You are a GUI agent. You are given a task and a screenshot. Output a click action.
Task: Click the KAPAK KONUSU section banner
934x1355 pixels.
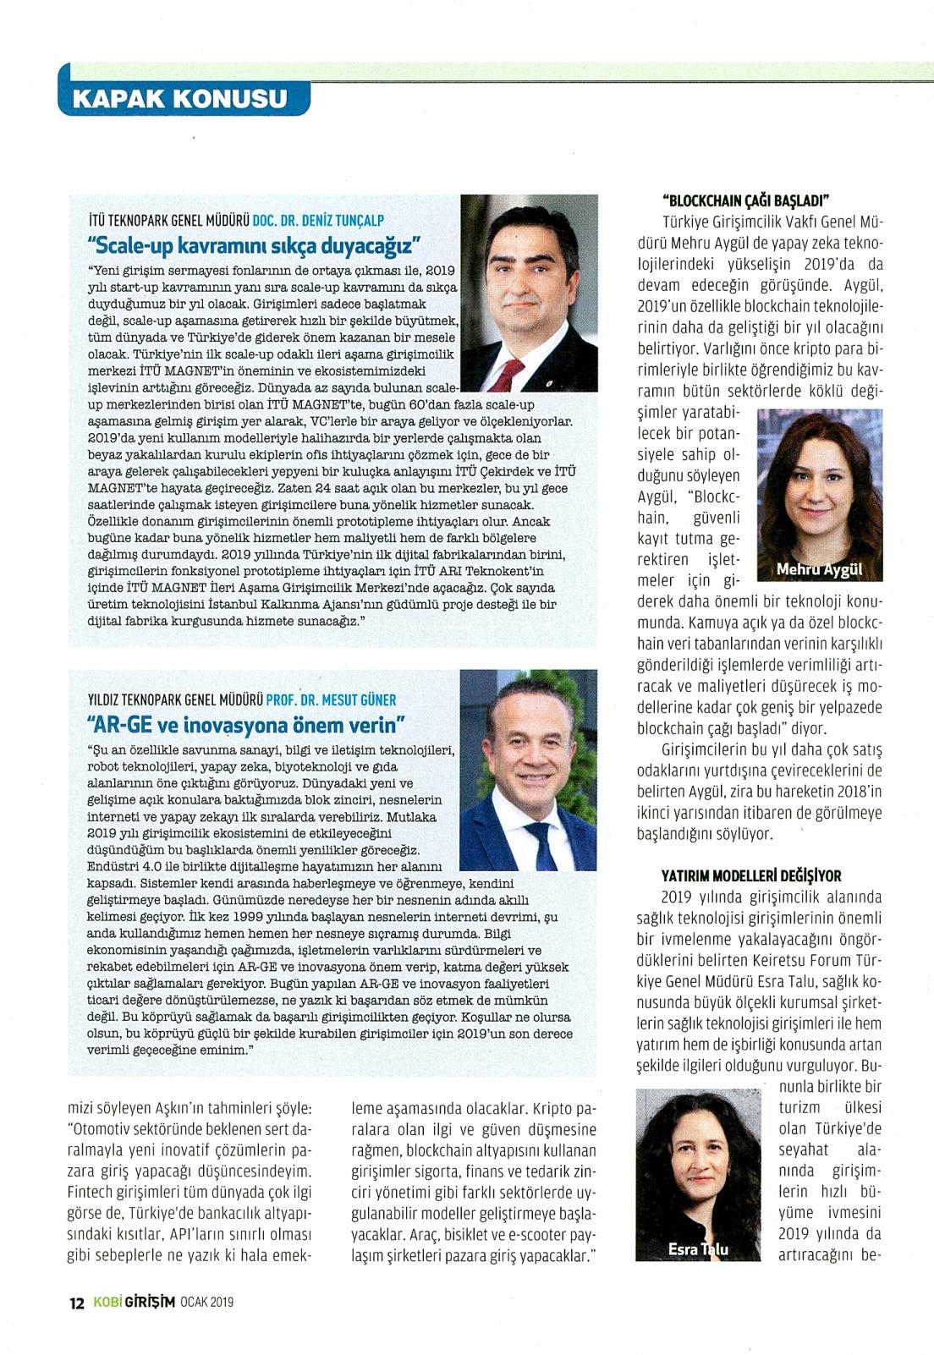(x=181, y=98)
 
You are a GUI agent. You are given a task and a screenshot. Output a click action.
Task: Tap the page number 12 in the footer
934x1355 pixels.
(x=76, y=1303)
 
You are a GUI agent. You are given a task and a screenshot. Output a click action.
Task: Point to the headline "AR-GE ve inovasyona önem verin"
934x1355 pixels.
(x=246, y=725)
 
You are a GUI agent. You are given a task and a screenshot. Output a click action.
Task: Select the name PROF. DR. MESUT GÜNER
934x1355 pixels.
(x=331, y=699)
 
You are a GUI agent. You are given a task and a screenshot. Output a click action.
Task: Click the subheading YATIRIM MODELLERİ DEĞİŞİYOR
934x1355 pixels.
(x=750, y=875)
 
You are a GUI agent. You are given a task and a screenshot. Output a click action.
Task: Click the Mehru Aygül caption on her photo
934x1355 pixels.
(x=819, y=569)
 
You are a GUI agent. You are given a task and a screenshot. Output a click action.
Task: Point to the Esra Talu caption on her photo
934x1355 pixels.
(x=698, y=1248)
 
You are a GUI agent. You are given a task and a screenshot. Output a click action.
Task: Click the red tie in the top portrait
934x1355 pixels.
(x=509, y=373)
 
